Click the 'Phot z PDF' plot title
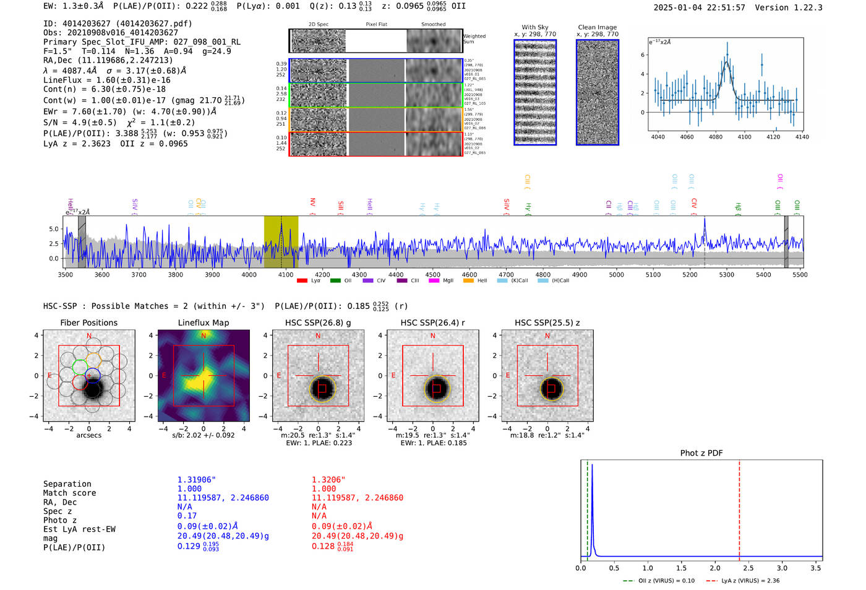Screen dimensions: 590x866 (x=701, y=453)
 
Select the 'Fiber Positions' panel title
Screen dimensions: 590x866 (x=88, y=323)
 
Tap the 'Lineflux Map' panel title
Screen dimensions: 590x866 (x=204, y=323)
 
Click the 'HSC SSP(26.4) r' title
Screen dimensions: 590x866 (x=432, y=323)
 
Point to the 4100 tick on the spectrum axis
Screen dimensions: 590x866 (x=286, y=275)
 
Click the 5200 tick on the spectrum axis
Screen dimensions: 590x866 (x=690, y=275)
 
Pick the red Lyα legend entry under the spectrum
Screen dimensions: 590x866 (x=309, y=281)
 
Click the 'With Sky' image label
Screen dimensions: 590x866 (x=535, y=27)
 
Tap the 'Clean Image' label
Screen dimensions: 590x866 (x=597, y=27)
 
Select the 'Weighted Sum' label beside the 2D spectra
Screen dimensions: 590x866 (x=474, y=39)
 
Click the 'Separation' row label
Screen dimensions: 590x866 (x=67, y=484)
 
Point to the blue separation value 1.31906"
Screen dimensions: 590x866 (x=196, y=480)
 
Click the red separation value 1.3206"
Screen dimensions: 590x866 (x=328, y=480)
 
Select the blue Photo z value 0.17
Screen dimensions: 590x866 (x=187, y=516)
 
